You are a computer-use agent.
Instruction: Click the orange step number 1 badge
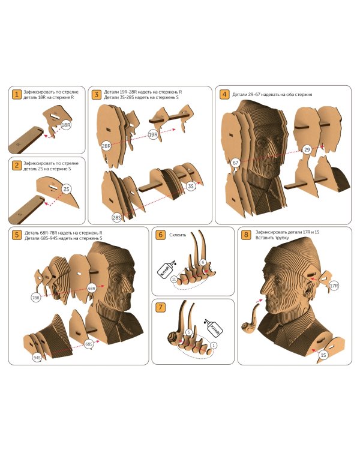pos(17,94)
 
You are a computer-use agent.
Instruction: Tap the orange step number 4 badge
pos(224,94)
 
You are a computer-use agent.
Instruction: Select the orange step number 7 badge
pos(160,307)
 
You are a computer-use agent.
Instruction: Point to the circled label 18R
pos(66,125)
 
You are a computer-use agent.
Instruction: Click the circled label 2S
pos(67,189)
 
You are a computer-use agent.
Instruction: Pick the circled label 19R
pos(154,134)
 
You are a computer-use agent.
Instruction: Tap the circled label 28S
pos(116,218)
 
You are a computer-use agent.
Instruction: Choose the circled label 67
pos(235,163)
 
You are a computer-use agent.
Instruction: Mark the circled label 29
pos(307,149)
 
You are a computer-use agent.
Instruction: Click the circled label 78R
pos(36,298)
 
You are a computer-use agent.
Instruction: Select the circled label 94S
pos(37,358)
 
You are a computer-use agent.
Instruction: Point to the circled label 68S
pos(89,344)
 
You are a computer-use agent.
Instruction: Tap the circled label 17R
pos(334,286)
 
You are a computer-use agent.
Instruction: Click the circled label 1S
pos(323,355)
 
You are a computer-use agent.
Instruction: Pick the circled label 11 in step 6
pos(174,279)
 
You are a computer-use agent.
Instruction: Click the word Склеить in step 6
pos(178,235)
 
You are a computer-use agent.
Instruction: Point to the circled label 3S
pos(191,186)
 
